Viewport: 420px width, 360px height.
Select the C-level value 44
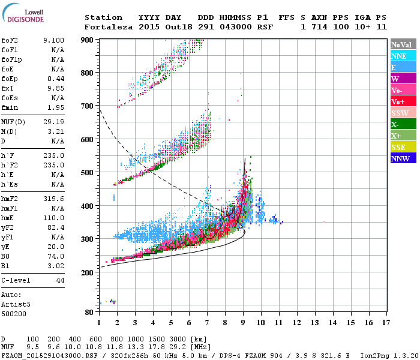pos(60,280)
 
